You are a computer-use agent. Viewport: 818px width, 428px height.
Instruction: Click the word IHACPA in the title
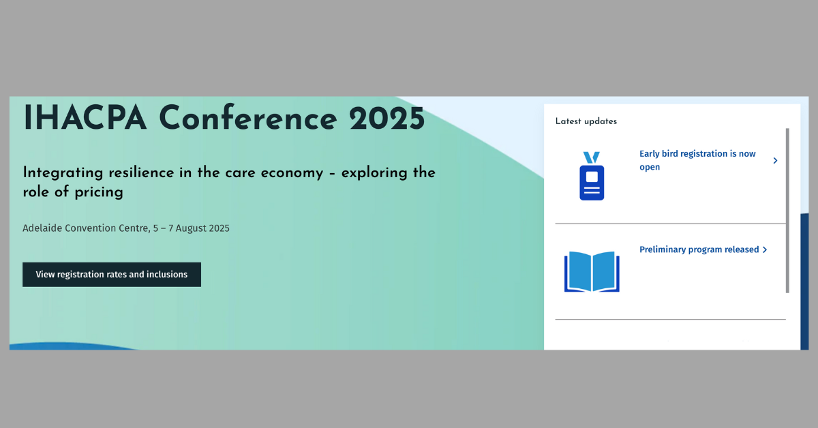point(85,118)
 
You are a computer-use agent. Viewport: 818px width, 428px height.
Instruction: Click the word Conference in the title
point(248,118)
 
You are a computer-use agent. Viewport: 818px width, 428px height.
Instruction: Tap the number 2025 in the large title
point(387,119)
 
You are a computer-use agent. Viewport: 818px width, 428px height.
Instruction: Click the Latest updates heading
point(586,121)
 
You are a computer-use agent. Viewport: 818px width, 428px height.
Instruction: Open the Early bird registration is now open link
point(697,160)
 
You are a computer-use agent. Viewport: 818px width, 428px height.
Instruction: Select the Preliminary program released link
point(699,249)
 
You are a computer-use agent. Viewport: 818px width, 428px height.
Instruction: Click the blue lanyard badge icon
point(592,176)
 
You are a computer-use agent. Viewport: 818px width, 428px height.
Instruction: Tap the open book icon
point(592,271)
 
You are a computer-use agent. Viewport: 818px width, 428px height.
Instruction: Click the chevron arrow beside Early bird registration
point(775,160)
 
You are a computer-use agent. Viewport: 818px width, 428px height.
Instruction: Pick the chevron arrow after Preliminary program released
point(765,249)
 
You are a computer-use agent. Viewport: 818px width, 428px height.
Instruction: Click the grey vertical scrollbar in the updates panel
point(787,211)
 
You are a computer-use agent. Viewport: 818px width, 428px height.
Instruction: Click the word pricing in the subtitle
point(99,192)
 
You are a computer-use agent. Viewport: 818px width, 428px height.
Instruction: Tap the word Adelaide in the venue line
point(42,228)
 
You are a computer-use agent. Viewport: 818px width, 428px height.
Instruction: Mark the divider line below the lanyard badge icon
point(671,224)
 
